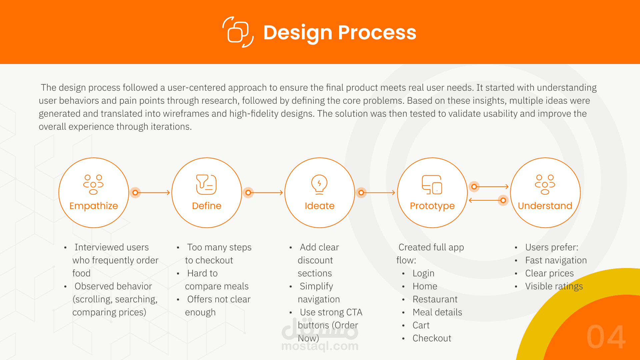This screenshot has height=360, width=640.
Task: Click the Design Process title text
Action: [340, 33]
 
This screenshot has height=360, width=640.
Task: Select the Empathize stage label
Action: [94, 206]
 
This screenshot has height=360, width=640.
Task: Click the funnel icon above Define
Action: [206, 184]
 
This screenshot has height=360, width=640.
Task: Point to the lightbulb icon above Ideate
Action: [319, 184]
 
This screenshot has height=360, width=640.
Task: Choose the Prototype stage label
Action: [432, 206]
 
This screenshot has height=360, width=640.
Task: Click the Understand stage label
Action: [545, 206]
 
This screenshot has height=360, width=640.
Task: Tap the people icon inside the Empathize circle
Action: [93, 184]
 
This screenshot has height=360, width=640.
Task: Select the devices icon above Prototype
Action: [432, 184]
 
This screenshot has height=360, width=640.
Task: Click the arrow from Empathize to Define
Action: [152, 193]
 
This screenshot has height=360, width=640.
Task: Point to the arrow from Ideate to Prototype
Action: [378, 193]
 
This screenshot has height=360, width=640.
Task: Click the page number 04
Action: [606, 337]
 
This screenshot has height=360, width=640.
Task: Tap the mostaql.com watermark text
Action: [320, 346]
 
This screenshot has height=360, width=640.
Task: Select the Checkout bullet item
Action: [432, 338]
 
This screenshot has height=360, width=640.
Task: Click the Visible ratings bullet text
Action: [554, 286]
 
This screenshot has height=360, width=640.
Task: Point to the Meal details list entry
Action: [437, 312]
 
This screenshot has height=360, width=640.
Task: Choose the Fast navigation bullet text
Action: [556, 260]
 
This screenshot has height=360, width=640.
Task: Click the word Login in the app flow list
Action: [423, 273]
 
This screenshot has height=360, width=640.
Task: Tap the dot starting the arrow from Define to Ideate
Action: [248, 193]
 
